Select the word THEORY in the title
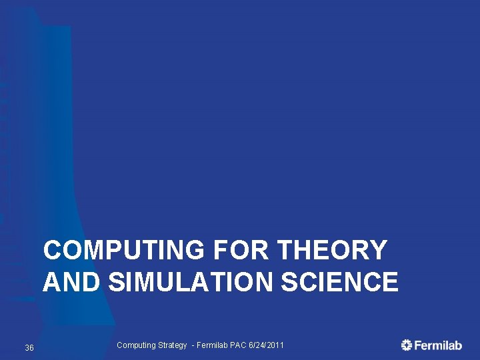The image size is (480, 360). click(x=331, y=251)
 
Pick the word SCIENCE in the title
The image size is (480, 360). click(x=340, y=282)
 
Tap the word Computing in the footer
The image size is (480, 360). click(x=136, y=345)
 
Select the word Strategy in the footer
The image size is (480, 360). click(x=173, y=345)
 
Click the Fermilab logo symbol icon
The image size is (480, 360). click(x=407, y=345)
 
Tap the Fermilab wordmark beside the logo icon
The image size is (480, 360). click(x=438, y=345)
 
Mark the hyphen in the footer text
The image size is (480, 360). click(x=193, y=345)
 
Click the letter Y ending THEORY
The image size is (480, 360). click(x=378, y=251)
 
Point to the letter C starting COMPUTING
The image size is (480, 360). click(x=53, y=251)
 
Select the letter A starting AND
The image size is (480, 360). click(x=53, y=282)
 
